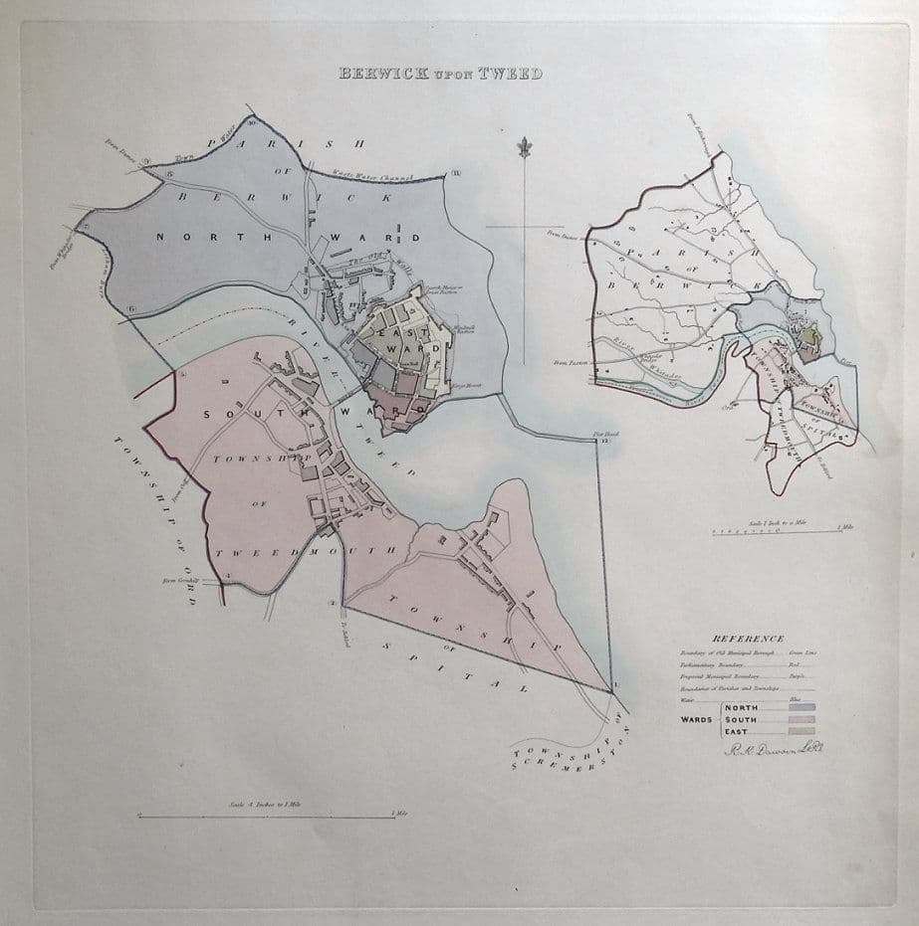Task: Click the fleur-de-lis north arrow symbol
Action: click(x=520, y=149)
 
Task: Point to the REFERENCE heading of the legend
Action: click(x=748, y=639)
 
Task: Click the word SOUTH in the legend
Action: click(x=743, y=719)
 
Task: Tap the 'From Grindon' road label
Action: click(x=181, y=578)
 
